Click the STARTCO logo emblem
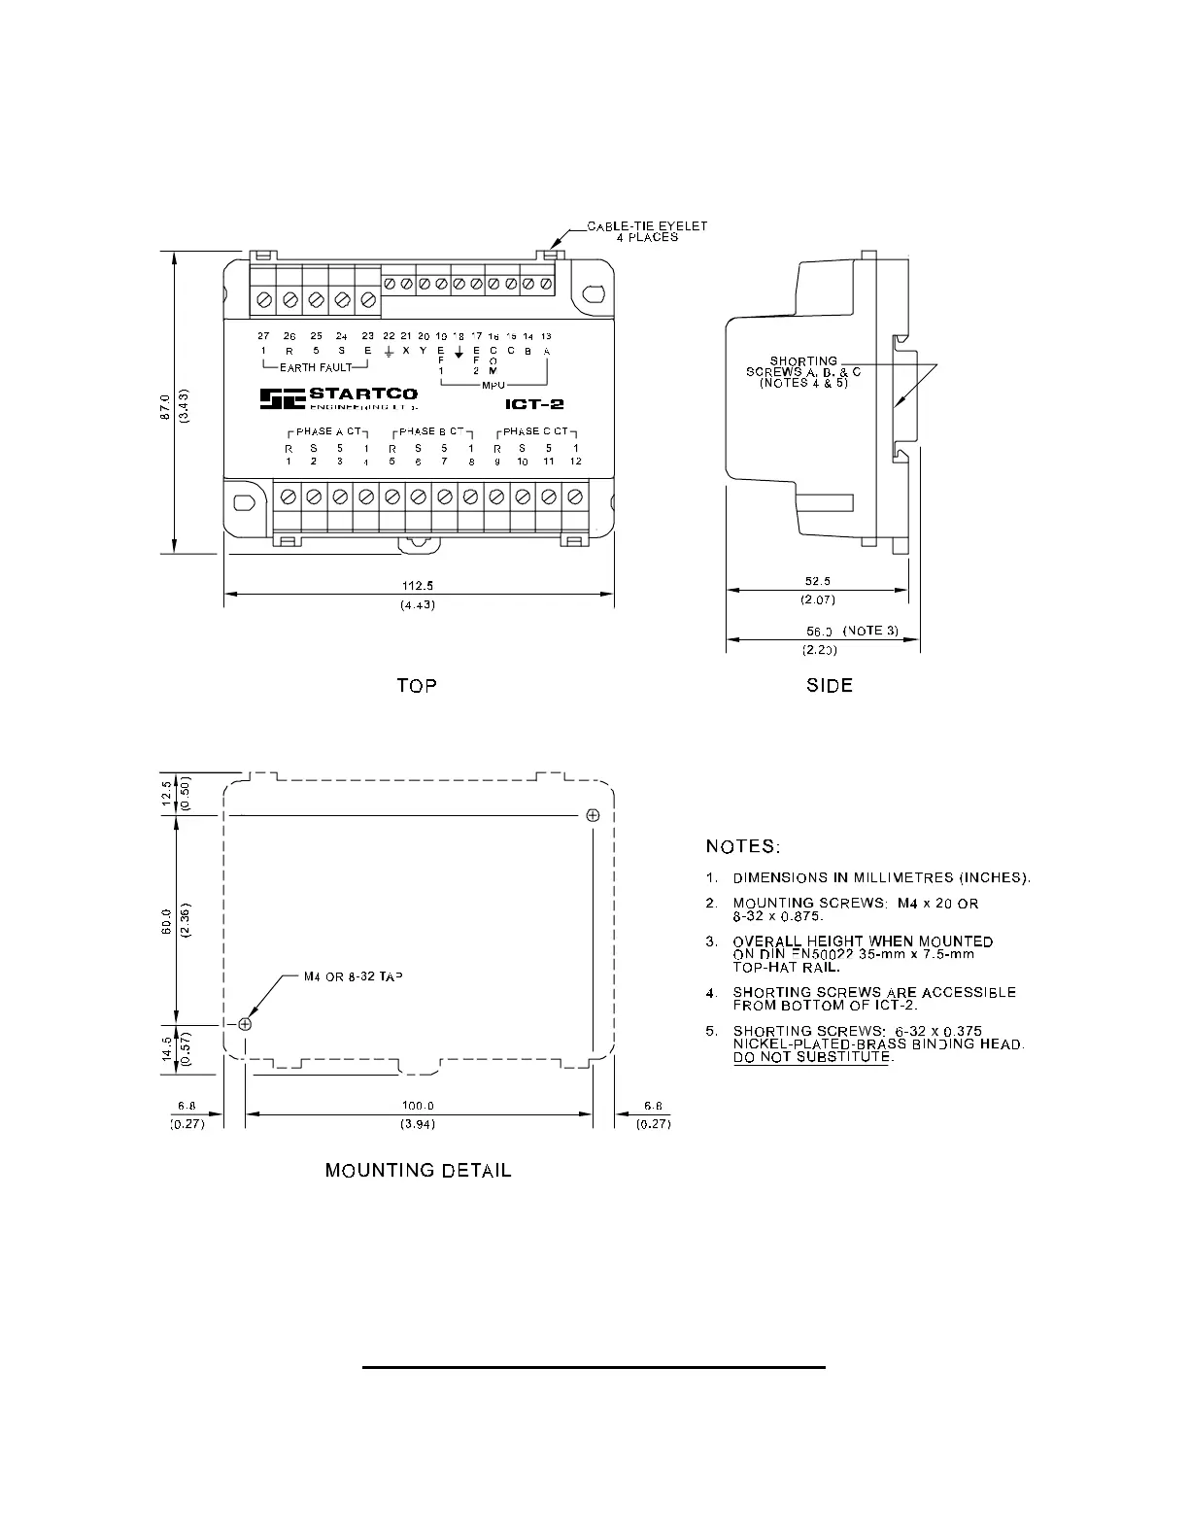point(282,398)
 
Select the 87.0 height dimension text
point(166,403)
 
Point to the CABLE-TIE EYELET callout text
point(647,227)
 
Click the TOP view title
point(417,686)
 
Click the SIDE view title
point(830,686)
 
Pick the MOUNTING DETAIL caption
point(418,1171)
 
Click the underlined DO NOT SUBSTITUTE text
point(811,1057)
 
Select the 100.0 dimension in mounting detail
point(418,1106)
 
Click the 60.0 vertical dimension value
point(166,919)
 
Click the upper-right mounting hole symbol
point(594,814)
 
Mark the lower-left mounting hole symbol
point(245,1024)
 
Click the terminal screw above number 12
point(574,496)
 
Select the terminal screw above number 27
point(264,301)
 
